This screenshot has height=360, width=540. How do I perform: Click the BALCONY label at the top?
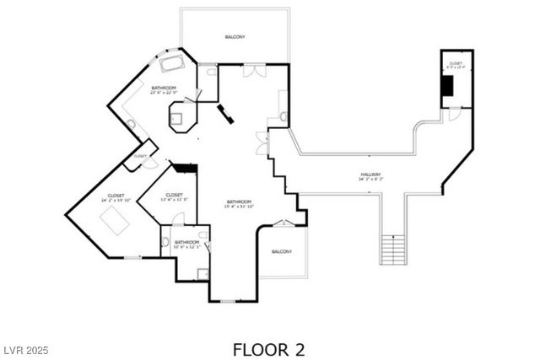click(x=235, y=37)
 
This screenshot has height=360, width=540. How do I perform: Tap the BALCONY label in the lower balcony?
click(x=282, y=251)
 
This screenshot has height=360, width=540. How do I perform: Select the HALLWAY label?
click(x=370, y=175)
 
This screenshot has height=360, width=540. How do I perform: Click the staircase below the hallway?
click(x=393, y=250)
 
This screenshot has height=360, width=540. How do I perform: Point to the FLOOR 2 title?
click(x=269, y=348)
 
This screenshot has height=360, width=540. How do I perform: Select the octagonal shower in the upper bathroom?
click(x=180, y=116)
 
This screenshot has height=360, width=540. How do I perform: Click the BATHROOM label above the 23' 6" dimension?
click(x=164, y=88)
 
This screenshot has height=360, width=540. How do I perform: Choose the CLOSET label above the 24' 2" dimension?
click(x=116, y=196)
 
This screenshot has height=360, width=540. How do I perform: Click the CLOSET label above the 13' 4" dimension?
click(x=175, y=195)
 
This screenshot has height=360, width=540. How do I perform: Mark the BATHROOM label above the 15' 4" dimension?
click(x=239, y=201)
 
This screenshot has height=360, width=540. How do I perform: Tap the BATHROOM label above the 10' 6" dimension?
click(x=186, y=242)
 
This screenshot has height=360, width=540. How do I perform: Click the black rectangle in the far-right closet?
click(x=447, y=85)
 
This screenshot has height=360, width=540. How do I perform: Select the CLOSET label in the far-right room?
click(x=456, y=63)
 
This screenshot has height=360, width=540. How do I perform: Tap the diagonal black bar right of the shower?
click(x=225, y=114)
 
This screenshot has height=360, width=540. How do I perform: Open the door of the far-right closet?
click(x=454, y=114)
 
